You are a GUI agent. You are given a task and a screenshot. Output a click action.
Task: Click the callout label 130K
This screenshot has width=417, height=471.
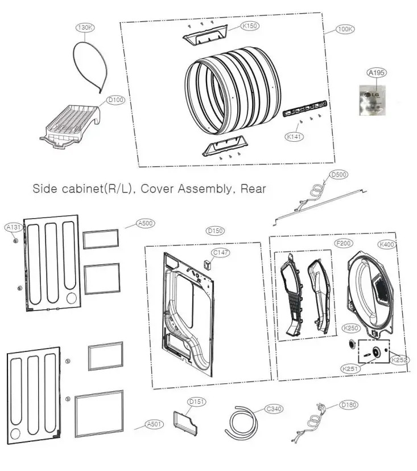(84, 28)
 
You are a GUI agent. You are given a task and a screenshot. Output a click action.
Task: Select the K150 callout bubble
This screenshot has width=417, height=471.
(249, 26)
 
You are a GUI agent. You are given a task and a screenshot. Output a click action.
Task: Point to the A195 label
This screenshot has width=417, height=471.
(375, 73)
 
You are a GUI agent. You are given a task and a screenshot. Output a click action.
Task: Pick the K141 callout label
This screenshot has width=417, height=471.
(294, 136)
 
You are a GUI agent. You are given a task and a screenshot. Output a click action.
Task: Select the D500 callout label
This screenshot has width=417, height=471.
(340, 174)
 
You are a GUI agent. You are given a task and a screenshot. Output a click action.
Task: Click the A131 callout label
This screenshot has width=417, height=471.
(14, 227)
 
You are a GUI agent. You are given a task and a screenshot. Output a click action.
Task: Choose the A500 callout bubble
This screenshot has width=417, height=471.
(146, 224)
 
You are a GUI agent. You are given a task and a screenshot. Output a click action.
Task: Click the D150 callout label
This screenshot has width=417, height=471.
(215, 231)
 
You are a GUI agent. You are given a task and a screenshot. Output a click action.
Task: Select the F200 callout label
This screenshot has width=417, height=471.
(342, 243)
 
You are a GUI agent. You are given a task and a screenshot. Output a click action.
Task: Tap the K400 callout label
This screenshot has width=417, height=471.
(387, 244)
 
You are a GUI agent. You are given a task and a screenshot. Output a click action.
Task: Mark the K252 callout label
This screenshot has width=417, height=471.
(399, 360)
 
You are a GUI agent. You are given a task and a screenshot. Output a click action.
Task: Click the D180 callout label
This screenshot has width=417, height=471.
(348, 404)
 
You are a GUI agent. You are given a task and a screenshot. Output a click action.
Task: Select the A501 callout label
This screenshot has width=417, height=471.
(154, 424)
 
